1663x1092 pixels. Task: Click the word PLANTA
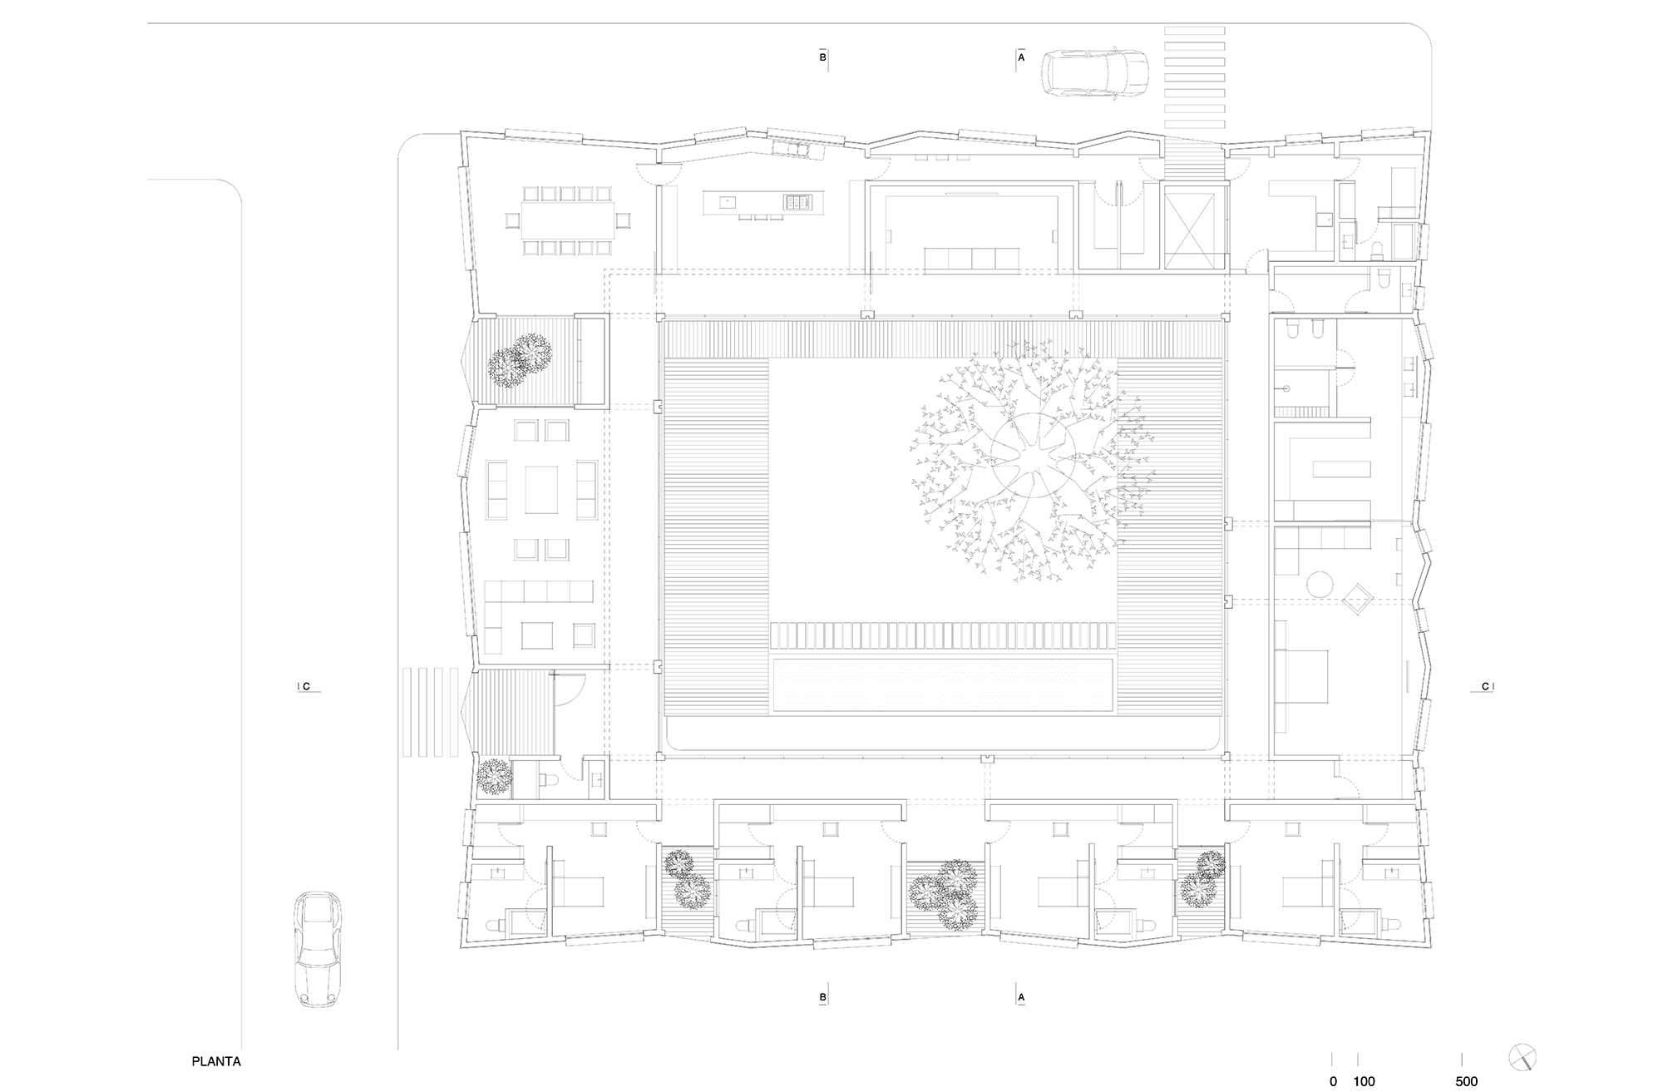216,1061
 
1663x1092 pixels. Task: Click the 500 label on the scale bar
1466,1081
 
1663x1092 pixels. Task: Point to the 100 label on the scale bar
1364,1081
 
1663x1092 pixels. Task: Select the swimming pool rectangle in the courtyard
942,684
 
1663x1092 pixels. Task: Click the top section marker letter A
1021,58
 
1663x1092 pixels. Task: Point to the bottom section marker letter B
822,996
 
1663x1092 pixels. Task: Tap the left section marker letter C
306,686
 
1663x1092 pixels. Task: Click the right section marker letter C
1485,686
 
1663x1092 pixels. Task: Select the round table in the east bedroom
1321,582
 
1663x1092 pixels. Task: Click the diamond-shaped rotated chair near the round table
1359,598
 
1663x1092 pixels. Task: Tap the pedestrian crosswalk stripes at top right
1195,76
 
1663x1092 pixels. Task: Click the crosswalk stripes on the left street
430,711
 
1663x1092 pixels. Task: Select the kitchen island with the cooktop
764,202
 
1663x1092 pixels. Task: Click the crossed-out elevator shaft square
1195,230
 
